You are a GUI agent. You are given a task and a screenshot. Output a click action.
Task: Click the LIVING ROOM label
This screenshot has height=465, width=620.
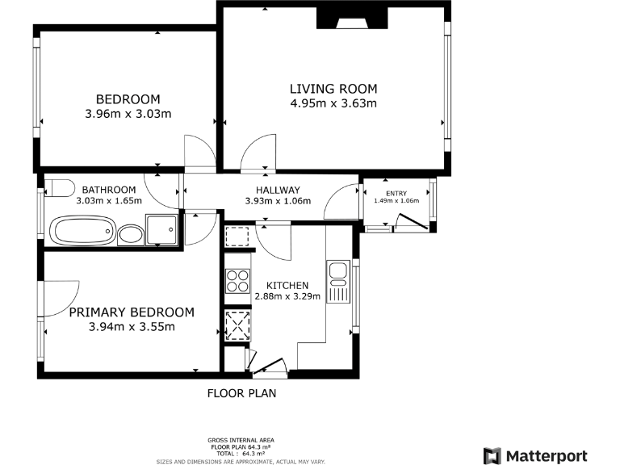coord(333,89)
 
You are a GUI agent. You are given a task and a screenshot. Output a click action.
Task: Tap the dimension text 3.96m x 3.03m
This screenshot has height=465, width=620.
coord(128,114)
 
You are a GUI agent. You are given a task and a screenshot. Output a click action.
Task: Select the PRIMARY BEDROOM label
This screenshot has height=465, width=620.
coord(132,312)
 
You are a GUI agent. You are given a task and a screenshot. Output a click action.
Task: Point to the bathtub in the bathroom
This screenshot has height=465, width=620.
coord(82,232)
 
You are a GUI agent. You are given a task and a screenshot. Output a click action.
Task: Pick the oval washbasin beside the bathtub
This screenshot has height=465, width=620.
coord(129,236)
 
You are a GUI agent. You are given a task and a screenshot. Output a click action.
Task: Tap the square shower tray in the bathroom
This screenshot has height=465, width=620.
coord(161,229)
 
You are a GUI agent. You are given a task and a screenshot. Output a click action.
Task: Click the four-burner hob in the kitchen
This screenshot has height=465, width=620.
coord(237,281)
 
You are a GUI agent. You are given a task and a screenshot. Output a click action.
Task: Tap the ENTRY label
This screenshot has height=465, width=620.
coord(396,193)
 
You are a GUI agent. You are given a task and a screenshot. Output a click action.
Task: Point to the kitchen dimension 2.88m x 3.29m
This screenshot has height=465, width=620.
coord(287,296)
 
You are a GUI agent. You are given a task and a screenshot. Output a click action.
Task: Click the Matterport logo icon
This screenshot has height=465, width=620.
coord(492,456)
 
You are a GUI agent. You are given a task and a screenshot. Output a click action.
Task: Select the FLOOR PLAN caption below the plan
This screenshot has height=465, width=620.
coord(242,394)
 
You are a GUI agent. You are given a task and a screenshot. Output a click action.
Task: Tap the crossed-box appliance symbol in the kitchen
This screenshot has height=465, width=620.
coord(237,328)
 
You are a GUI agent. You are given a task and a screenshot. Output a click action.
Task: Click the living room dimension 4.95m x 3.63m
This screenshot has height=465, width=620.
coord(333,103)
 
